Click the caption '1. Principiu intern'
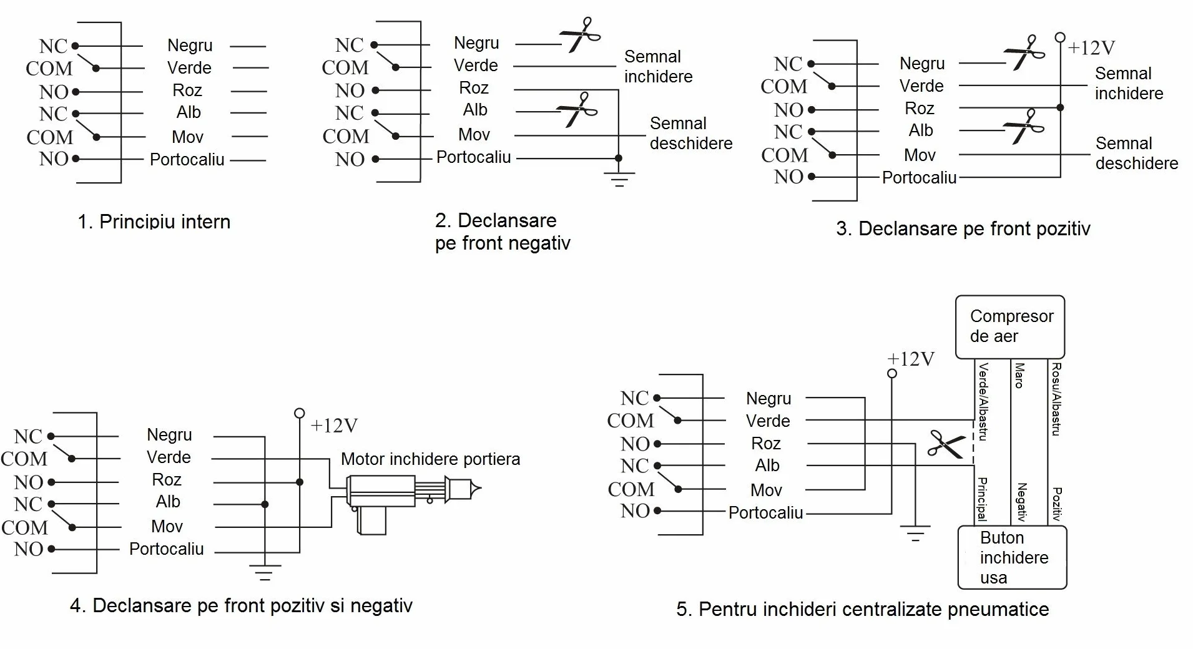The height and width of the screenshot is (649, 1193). click(154, 222)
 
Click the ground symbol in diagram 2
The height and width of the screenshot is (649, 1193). click(619, 179)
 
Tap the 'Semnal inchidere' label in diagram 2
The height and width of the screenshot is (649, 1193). click(658, 66)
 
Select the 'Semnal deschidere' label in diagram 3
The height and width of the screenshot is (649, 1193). click(1136, 153)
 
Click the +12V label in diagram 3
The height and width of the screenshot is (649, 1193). click(1091, 48)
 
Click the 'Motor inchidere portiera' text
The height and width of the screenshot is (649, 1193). click(430, 459)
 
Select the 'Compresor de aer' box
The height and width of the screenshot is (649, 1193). click(1010, 327)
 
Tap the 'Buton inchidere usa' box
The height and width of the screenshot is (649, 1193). click(1012, 557)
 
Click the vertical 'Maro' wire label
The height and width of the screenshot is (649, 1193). click(1019, 376)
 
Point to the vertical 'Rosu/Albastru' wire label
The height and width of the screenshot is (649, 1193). click(1056, 399)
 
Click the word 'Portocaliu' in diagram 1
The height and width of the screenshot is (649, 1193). click(187, 160)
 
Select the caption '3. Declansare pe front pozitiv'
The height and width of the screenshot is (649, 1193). click(963, 229)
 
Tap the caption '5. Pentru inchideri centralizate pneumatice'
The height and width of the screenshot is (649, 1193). click(862, 610)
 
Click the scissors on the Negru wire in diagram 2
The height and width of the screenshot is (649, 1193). click(580, 35)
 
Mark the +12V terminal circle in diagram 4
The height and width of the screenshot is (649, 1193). click(300, 413)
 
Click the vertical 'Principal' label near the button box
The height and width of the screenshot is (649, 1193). click(982, 499)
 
